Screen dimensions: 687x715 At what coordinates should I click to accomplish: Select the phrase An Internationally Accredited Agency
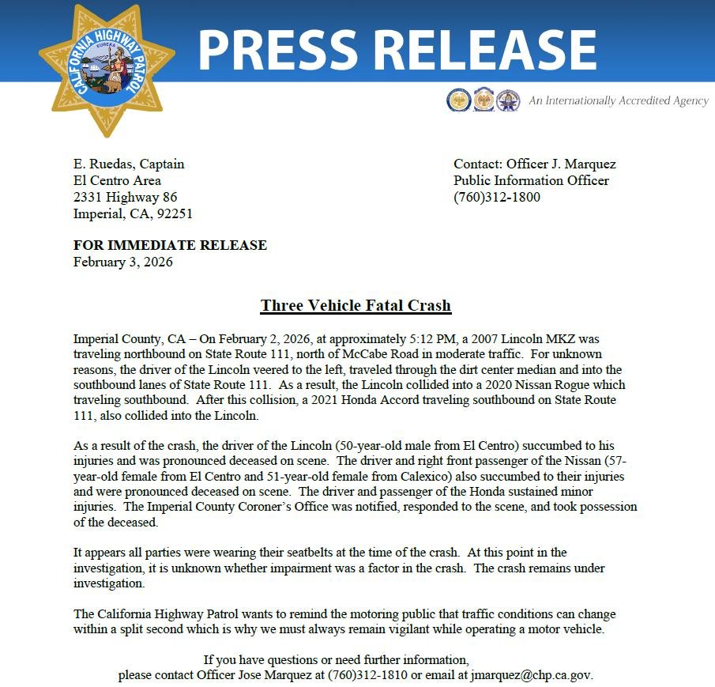619,101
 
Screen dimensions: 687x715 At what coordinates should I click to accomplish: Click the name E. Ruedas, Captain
129,164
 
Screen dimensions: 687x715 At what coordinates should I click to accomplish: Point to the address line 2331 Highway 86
126,197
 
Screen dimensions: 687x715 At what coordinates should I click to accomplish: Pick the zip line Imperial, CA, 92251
133,213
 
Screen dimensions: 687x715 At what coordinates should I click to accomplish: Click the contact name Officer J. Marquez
561,164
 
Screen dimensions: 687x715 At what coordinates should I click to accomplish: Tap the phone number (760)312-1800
497,197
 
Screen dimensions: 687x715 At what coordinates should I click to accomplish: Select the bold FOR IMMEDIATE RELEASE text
170,245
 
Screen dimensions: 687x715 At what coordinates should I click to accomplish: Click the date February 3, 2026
123,262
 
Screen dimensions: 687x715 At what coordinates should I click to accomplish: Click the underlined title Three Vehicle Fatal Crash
356,305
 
